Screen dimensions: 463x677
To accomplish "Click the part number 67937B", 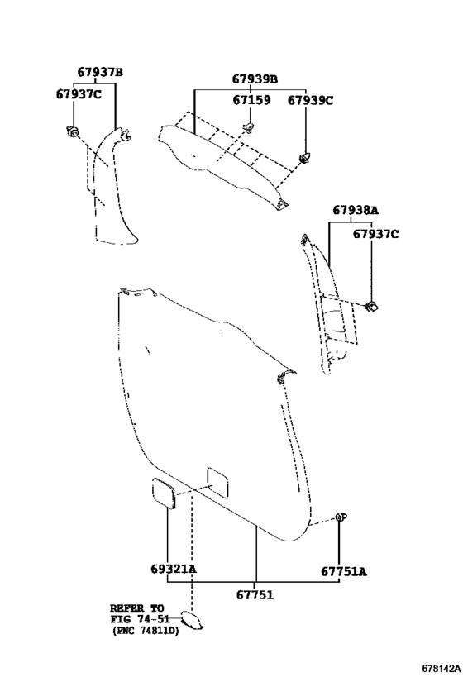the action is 100,72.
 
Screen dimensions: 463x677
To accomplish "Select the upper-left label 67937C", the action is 79,93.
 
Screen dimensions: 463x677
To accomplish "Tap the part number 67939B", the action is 255,79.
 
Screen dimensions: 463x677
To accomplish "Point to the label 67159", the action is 251,100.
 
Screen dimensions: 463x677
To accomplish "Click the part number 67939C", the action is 311,100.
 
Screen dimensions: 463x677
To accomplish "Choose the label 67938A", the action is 356,210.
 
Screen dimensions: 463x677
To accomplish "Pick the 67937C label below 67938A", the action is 375,234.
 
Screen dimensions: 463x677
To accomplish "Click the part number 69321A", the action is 173,569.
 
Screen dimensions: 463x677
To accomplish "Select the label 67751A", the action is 343,572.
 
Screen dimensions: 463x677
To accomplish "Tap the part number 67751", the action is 255,595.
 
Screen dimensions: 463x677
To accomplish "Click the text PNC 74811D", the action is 146,631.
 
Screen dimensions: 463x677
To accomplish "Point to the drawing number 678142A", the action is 441,669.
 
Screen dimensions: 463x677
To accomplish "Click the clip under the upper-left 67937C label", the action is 72,131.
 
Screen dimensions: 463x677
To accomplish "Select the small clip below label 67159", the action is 249,126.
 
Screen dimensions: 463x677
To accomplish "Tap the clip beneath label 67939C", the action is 305,158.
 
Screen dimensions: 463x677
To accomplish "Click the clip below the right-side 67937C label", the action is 371,307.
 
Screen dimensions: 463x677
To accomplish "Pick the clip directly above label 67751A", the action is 341,517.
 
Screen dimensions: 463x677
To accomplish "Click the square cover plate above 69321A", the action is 164,493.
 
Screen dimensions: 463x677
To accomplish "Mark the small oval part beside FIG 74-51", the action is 191,620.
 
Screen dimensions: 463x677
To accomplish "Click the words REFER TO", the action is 137,608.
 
